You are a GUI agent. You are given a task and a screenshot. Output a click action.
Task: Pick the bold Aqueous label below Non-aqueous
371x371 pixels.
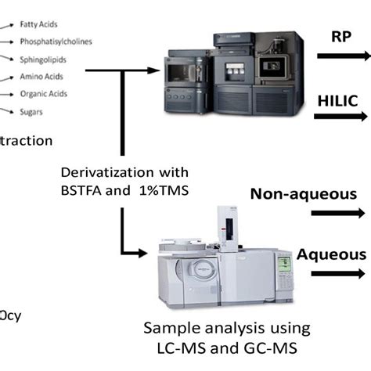tap(330, 254)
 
